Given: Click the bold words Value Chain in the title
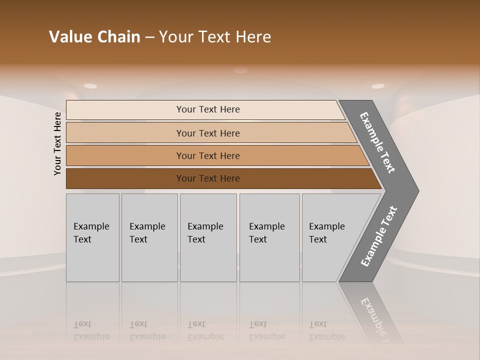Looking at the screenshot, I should click(94, 37).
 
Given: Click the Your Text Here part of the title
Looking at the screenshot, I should click(215, 37).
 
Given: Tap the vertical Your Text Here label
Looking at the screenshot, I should click(57, 143).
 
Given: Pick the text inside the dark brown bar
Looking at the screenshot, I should click(208, 178).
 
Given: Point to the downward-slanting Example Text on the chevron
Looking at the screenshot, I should click(377, 142).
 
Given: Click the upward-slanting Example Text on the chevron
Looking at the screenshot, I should click(379, 236).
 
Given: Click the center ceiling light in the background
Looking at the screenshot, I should click(240, 70).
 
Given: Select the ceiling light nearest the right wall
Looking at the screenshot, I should click(378, 86).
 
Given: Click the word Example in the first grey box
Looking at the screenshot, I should click(91, 226).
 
